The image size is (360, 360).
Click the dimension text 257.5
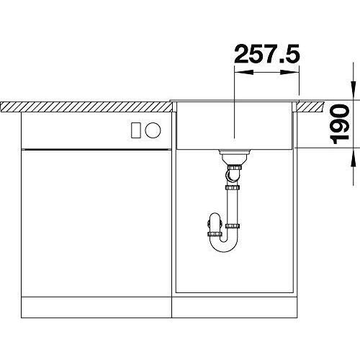point(267,54)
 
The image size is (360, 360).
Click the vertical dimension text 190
point(339,124)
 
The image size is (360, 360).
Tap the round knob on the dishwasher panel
point(153,130)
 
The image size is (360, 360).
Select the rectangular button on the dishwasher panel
point(136,130)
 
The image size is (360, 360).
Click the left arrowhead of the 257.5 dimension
point(243,72)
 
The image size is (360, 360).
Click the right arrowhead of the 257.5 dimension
point(289,72)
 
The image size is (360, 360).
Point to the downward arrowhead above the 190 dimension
point(354,91)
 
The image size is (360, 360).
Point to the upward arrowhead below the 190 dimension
point(354,157)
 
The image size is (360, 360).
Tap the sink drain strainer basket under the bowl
point(234,157)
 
